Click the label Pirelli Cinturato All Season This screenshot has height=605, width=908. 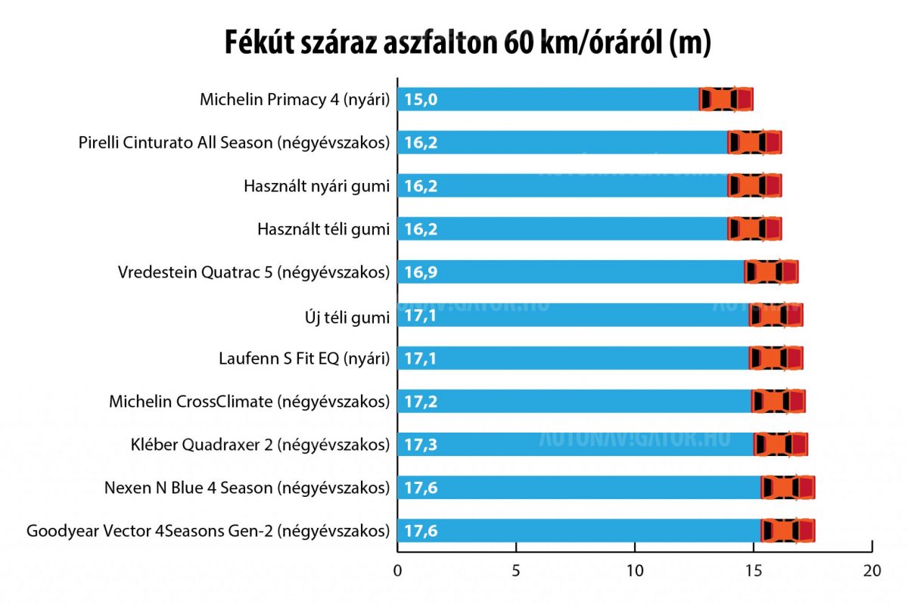click(x=235, y=142)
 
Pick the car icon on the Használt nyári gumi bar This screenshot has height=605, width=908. click(x=754, y=185)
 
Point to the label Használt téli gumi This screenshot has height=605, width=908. click(x=324, y=228)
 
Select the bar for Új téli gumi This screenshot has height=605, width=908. click(x=575, y=315)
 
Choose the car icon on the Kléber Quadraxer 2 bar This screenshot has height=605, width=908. click(x=781, y=445)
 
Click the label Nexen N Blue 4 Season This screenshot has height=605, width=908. click(x=247, y=488)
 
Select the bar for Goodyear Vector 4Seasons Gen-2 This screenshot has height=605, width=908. click(x=579, y=531)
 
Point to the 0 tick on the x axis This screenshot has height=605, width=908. click(x=397, y=571)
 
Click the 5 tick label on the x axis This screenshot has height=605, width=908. click(x=516, y=571)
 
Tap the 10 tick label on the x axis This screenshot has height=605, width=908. click(x=635, y=571)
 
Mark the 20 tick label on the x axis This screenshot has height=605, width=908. click(x=872, y=571)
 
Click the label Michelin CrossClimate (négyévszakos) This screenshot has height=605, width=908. click(x=250, y=402)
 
